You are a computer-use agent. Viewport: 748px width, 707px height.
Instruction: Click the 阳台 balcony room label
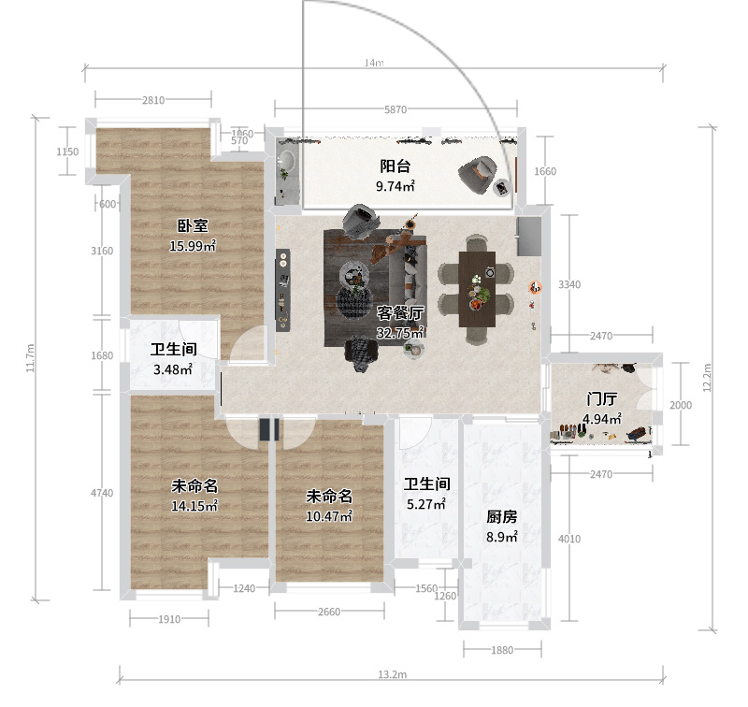[x=395, y=166]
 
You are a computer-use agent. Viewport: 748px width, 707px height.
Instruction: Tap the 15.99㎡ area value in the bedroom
[x=193, y=246]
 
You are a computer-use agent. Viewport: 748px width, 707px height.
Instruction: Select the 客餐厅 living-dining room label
[x=400, y=313]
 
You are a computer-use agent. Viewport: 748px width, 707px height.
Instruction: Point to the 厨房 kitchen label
[x=501, y=516]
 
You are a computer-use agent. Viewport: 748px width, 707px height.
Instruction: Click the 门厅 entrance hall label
[x=602, y=398]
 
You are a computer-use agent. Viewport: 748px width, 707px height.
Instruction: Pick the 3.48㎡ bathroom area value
[x=173, y=369]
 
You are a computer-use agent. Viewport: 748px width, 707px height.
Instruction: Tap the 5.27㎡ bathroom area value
[x=426, y=504]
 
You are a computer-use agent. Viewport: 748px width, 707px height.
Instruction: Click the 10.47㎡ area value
[x=329, y=516]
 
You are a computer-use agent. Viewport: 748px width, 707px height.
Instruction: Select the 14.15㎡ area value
[x=194, y=506]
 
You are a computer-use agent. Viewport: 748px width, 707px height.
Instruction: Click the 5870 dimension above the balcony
[x=396, y=109]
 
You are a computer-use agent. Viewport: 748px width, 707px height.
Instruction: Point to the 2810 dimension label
[x=153, y=100]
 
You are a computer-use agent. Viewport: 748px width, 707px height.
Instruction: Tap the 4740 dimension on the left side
[x=102, y=493]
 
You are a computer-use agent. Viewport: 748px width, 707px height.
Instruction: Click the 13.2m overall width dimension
[x=392, y=674]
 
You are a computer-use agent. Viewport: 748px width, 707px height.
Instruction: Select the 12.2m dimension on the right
[x=707, y=378]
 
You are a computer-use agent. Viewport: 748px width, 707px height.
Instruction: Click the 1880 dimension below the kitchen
[x=502, y=650]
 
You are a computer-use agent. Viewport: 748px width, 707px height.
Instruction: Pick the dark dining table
[x=477, y=289]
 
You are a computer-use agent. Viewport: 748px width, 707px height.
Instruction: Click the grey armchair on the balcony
[x=478, y=175]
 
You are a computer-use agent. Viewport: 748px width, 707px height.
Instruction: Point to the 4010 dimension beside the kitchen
[x=569, y=539]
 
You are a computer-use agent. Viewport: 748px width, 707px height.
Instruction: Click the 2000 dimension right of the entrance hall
[x=681, y=405]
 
